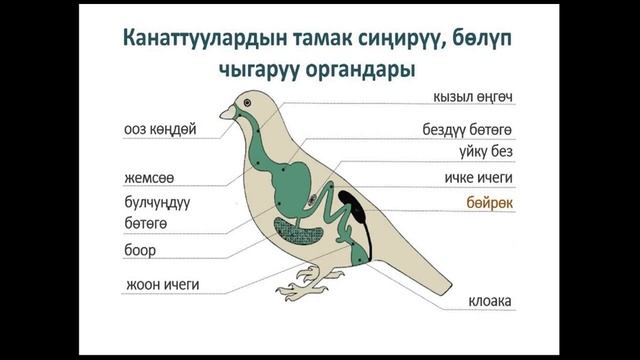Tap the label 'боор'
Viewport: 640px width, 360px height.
pos(141,249)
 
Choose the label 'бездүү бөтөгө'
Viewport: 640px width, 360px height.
pos(467,131)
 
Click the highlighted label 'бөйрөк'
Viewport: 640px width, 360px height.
pos(490,202)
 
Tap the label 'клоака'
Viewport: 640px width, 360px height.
pos(490,301)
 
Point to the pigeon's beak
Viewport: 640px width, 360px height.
pos(226,113)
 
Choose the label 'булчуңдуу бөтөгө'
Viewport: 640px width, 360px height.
pos(157,211)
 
